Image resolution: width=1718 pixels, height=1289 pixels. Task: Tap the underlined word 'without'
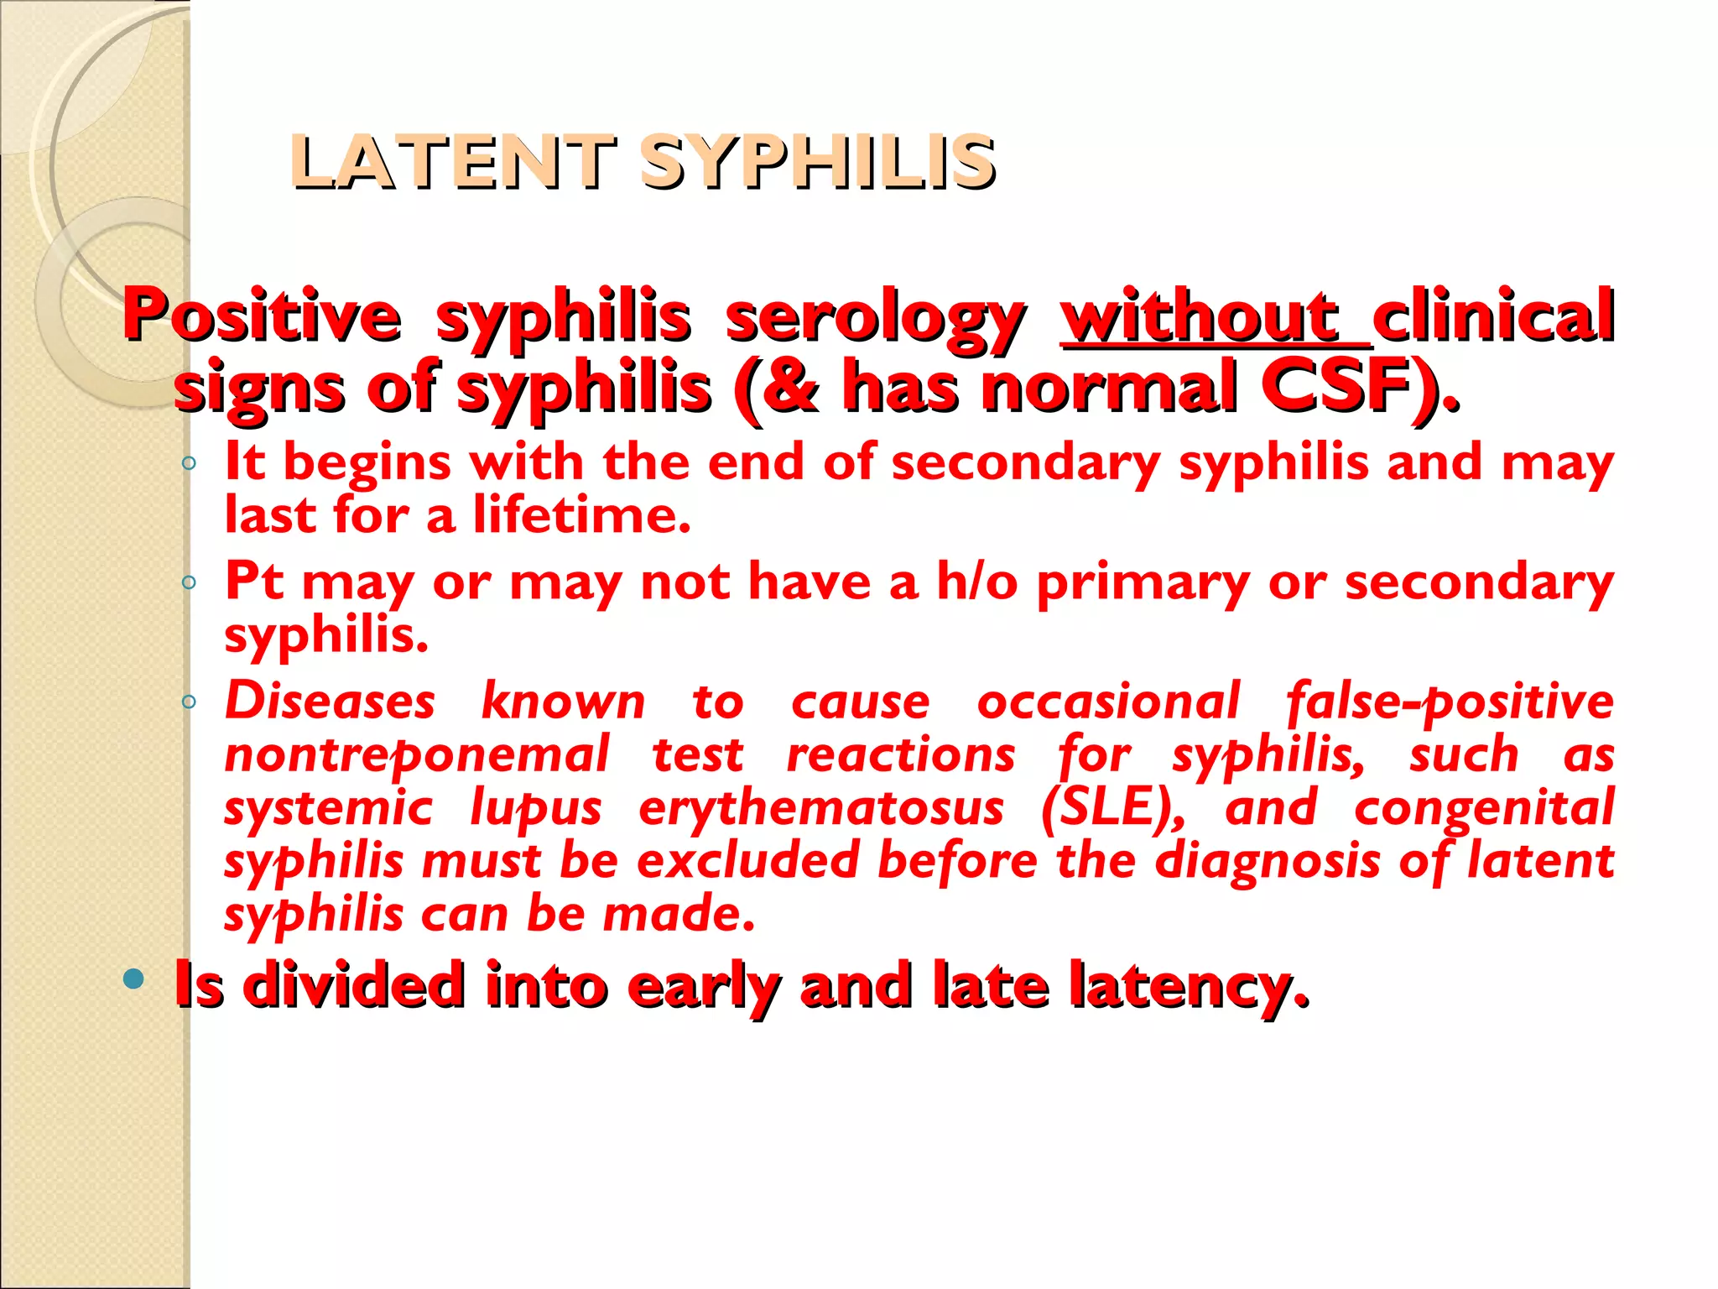[1200, 316]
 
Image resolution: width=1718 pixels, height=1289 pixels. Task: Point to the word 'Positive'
[262, 316]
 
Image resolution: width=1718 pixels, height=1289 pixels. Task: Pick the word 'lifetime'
[579, 514]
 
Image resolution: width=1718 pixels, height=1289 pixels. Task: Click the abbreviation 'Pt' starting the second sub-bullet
[254, 580]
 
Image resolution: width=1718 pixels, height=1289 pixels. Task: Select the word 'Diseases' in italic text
[330, 702]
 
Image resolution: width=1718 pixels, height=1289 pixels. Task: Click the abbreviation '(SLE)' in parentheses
[1112, 808]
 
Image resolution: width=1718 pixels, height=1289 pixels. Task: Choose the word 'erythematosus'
[820, 808]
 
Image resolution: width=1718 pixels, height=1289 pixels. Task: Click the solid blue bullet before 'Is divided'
[133, 978]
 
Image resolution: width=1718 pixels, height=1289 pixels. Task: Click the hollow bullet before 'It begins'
[189, 463]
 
